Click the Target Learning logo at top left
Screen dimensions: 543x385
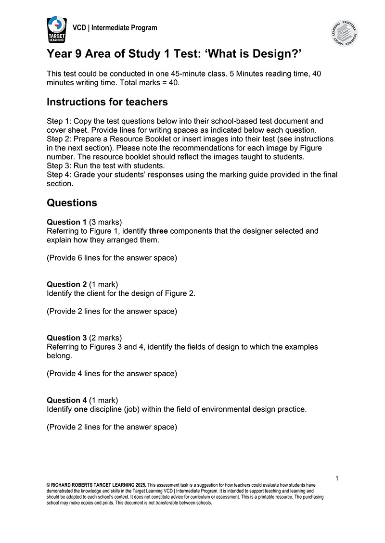(x=57, y=30)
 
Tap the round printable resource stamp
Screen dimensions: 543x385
(x=344, y=33)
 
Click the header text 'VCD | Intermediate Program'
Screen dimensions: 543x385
(x=115, y=28)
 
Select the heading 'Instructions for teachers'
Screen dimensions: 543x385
(x=107, y=102)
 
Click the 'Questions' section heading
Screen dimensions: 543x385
(x=72, y=202)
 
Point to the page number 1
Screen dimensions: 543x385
(x=337, y=478)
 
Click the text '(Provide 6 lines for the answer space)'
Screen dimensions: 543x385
(x=112, y=258)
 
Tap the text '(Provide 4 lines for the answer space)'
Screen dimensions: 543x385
(x=112, y=373)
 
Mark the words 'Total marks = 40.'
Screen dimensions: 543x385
(x=150, y=82)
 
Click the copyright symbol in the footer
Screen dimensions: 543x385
(x=49, y=485)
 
